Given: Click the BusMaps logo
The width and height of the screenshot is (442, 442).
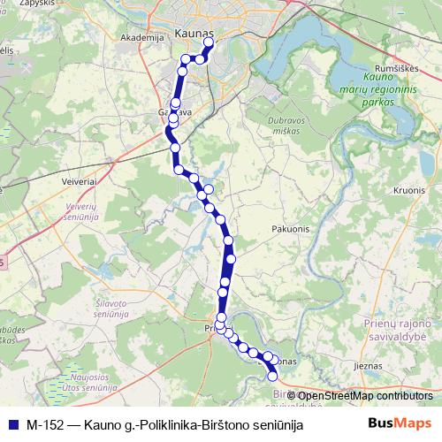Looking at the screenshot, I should [400, 423].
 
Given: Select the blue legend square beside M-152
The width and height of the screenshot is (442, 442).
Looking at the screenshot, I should [13, 424].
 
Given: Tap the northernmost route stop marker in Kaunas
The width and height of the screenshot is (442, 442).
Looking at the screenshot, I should [209, 42].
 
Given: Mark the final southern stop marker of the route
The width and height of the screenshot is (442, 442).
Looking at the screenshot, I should [272, 377].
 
